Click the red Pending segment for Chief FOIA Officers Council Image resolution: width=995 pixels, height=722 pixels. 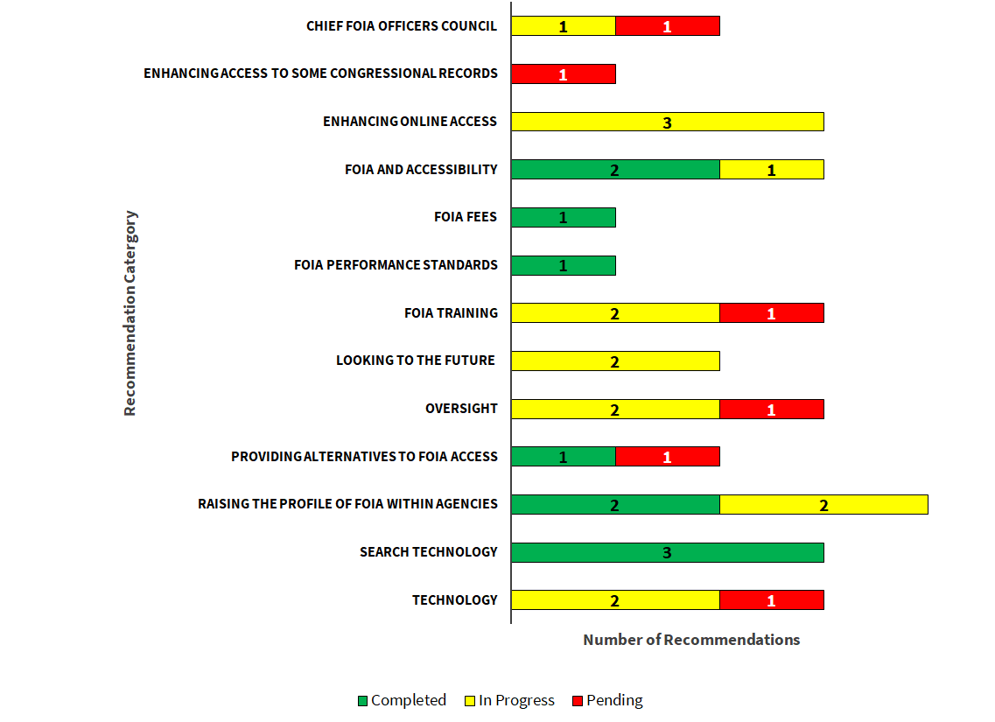point(667,26)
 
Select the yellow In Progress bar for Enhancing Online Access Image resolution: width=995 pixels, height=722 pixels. point(667,122)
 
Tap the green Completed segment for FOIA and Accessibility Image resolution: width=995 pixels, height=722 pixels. point(615,170)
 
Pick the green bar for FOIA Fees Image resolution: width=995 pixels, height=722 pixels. point(563,217)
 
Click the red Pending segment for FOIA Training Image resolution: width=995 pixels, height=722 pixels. point(771,313)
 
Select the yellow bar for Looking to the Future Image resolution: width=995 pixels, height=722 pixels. point(615,361)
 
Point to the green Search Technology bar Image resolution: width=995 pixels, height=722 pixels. point(667,552)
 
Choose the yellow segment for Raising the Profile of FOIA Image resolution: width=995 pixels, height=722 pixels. point(823,504)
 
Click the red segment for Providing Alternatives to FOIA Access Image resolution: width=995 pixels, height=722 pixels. point(667,457)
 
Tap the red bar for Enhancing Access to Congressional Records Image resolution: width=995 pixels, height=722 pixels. point(563,74)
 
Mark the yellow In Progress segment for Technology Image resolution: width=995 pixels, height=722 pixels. point(615,600)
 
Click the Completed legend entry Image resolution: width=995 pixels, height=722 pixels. point(402,700)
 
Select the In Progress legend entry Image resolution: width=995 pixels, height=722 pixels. point(509,700)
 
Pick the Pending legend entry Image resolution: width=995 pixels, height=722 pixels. point(607,700)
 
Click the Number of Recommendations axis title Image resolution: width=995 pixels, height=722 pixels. point(691,640)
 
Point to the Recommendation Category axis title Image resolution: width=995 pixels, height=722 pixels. point(130,313)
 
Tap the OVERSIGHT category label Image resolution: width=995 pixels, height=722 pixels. point(461,409)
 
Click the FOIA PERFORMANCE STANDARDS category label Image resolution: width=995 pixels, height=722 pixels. point(396,265)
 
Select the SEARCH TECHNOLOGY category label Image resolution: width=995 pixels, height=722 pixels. point(428,552)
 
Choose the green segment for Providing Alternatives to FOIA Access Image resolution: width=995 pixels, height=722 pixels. point(563,457)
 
